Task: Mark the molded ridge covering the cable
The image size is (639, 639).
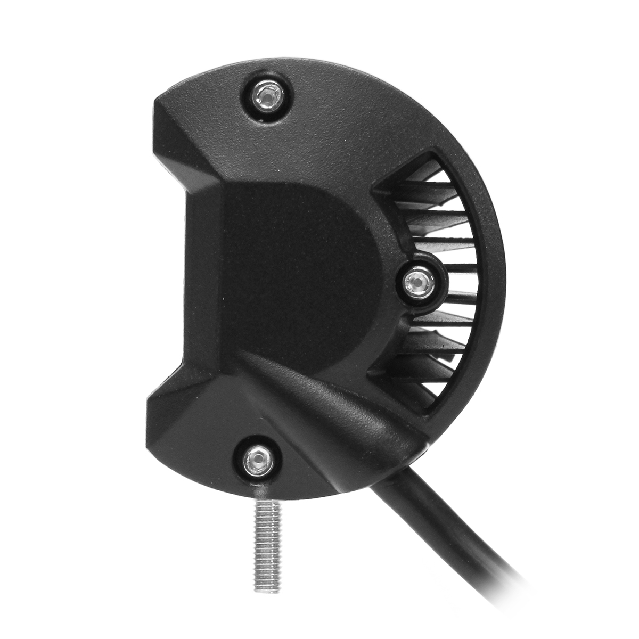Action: tap(341, 405)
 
